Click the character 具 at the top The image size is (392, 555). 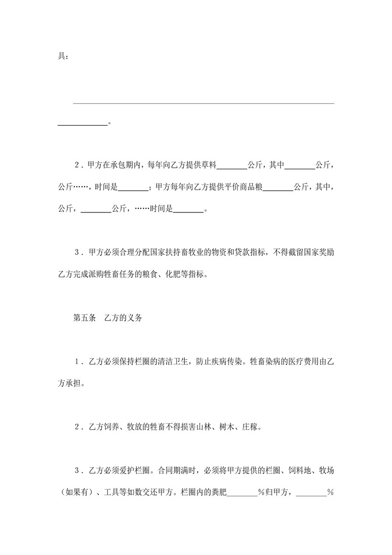(x=61, y=56)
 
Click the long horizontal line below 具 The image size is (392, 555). (x=204, y=104)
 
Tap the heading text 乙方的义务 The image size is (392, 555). (x=124, y=318)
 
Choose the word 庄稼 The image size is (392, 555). (x=252, y=427)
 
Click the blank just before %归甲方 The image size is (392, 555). (x=243, y=493)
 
